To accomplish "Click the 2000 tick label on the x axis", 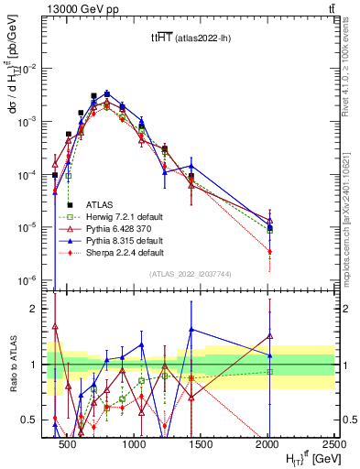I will [268, 442].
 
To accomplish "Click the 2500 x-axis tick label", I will [333, 442].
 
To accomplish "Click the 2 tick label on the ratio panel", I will [38, 309].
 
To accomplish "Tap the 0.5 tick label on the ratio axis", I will [34, 420].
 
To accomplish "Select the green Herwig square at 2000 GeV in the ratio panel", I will [269, 371].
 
